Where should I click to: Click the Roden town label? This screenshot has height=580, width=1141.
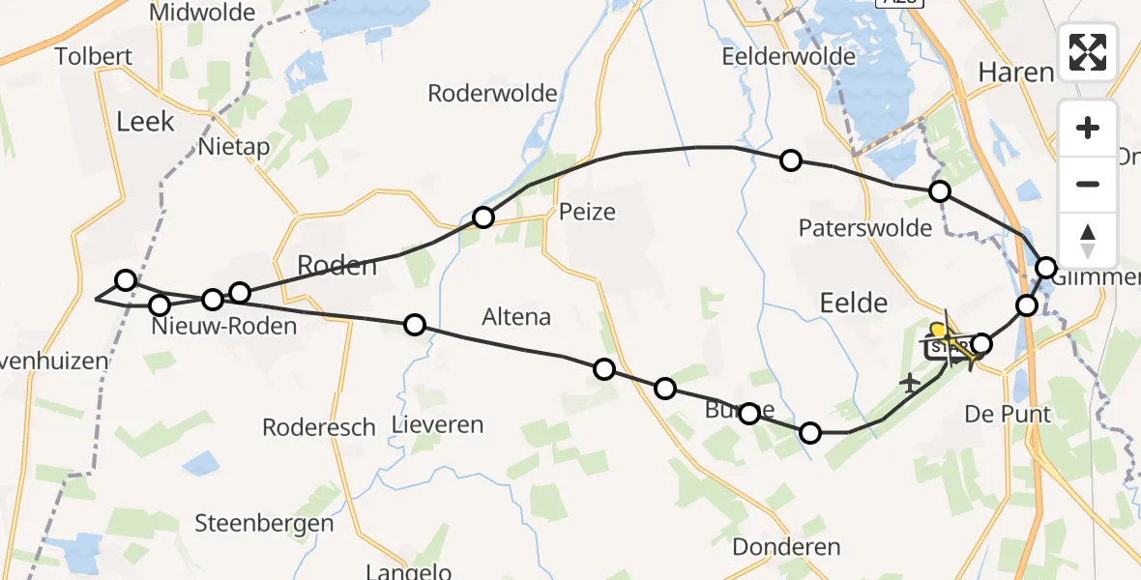tap(336, 265)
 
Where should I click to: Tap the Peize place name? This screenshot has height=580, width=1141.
tap(587, 211)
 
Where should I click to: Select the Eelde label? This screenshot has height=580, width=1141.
tap(853, 303)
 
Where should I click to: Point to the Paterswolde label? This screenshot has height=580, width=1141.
tap(865, 228)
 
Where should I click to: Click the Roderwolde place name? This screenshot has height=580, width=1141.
tap(493, 94)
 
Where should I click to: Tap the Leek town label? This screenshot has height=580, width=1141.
tap(145, 121)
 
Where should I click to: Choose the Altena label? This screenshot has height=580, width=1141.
tap(516, 316)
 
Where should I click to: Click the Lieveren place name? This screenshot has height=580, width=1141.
tap(437, 424)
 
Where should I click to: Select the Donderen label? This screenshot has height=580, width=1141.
tap(786, 547)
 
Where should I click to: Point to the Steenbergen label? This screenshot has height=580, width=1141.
tap(264, 524)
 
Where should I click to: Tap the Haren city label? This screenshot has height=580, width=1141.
tap(1015, 72)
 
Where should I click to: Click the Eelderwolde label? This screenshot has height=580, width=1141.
tap(789, 57)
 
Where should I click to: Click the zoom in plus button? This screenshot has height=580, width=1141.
tap(1088, 128)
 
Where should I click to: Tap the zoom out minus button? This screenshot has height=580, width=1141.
tap(1088, 184)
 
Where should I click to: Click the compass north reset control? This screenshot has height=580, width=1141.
tap(1088, 240)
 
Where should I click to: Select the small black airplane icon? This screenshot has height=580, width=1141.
tap(910, 383)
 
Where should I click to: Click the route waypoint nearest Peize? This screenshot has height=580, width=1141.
tap(483, 217)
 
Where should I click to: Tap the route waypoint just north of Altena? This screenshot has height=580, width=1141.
tap(415, 325)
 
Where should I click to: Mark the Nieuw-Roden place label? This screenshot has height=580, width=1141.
tap(224, 327)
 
